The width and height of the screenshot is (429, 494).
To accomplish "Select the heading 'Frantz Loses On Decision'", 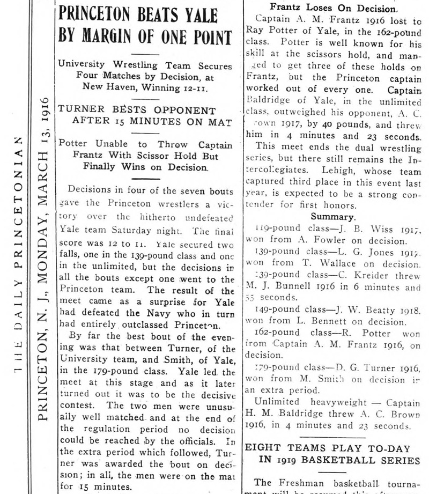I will [x=334, y=8].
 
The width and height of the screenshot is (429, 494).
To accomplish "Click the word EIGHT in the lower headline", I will [x=260, y=447].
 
